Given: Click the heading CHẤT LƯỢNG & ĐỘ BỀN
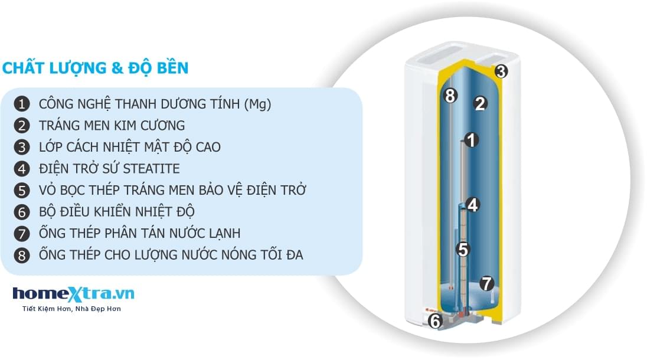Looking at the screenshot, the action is coord(96,68).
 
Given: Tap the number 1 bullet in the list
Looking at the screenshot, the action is coord(22,104).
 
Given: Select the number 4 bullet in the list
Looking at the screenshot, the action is coord(22,169).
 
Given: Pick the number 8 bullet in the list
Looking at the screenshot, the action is coord(22,255).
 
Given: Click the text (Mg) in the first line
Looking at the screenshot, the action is coord(257,104).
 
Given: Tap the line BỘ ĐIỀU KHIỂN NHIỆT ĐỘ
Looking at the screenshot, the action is coord(117,212).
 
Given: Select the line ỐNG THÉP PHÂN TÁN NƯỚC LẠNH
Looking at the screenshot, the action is coord(139,233).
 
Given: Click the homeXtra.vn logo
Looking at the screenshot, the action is coord(73,293).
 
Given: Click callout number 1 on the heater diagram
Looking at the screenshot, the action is coord(470,140).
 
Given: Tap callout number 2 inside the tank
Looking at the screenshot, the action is coord(480,104).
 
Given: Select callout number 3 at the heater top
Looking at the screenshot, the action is coord(501,71).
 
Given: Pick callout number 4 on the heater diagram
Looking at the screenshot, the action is coord(472,205).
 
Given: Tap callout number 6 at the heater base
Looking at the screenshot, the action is coord(435,322).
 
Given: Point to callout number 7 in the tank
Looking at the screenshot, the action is coord(486,283).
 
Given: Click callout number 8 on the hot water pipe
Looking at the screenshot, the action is coord(450,95).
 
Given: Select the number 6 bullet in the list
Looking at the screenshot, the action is coord(22,212).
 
